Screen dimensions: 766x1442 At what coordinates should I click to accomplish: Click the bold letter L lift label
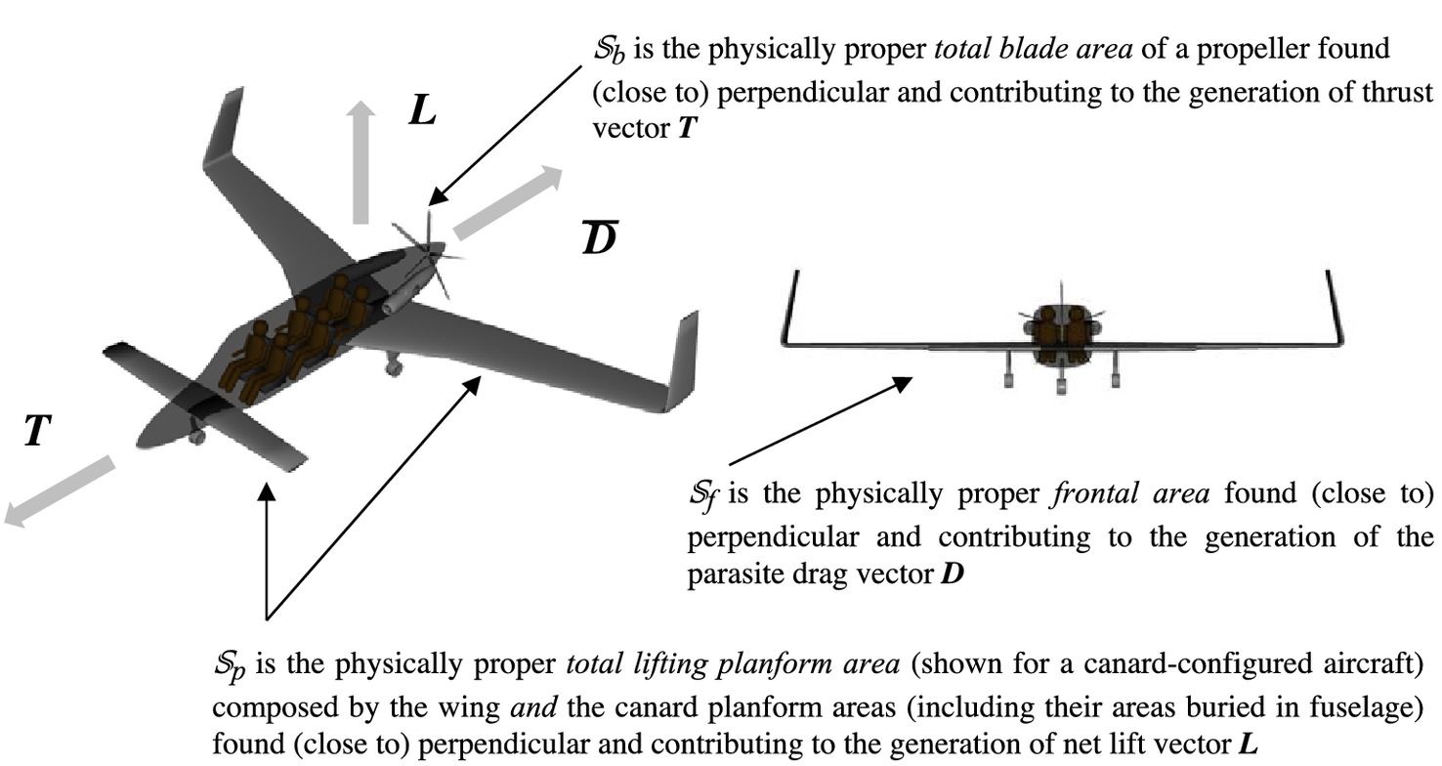point(422,110)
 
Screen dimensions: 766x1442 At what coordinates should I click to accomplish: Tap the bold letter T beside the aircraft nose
point(37,430)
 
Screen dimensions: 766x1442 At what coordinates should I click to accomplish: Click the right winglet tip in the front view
point(1329,277)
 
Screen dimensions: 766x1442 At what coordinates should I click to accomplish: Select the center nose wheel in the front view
point(1061,382)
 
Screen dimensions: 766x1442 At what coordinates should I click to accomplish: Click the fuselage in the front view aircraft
point(1061,332)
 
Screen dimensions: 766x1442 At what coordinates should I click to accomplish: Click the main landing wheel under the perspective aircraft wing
point(393,366)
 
